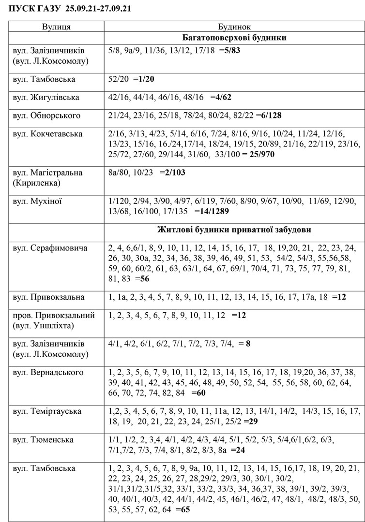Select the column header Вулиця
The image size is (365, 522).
pos(56,27)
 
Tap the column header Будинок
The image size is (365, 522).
pos(234,27)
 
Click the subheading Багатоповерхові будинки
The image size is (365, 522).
pos(234,38)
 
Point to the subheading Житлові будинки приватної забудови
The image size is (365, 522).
pos(234,230)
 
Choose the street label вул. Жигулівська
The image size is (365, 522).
pos(46,97)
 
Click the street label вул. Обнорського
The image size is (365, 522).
pos(46,116)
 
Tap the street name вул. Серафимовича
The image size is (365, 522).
pos(50,248)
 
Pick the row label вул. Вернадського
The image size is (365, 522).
pos(48,373)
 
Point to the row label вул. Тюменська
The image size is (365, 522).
pos(43,440)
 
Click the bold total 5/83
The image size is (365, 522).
pos(232,50)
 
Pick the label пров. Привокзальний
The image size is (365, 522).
pos(54,316)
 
